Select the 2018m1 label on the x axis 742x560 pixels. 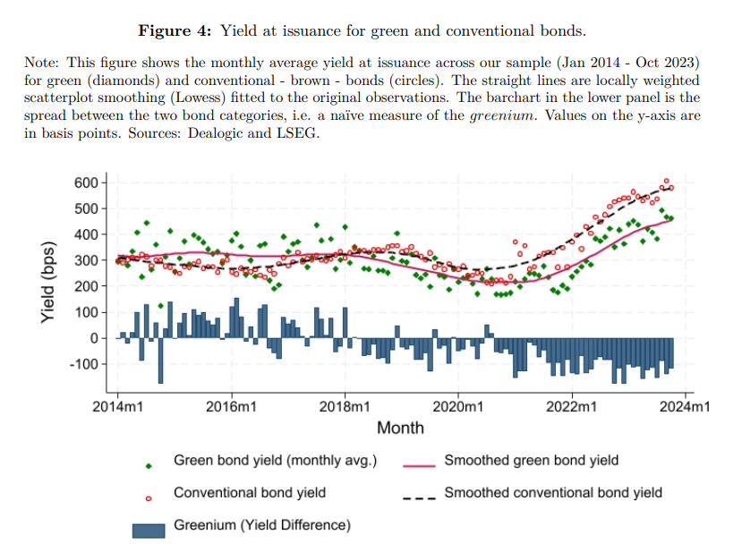[345, 406]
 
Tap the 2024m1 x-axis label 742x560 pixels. [686, 406]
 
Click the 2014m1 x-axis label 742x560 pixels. [118, 406]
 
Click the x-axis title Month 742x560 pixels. [400, 428]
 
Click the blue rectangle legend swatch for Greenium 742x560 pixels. [149, 529]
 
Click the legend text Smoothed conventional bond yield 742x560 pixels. [553, 493]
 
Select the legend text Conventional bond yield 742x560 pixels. [250, 493]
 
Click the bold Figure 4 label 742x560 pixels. [174, 31]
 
